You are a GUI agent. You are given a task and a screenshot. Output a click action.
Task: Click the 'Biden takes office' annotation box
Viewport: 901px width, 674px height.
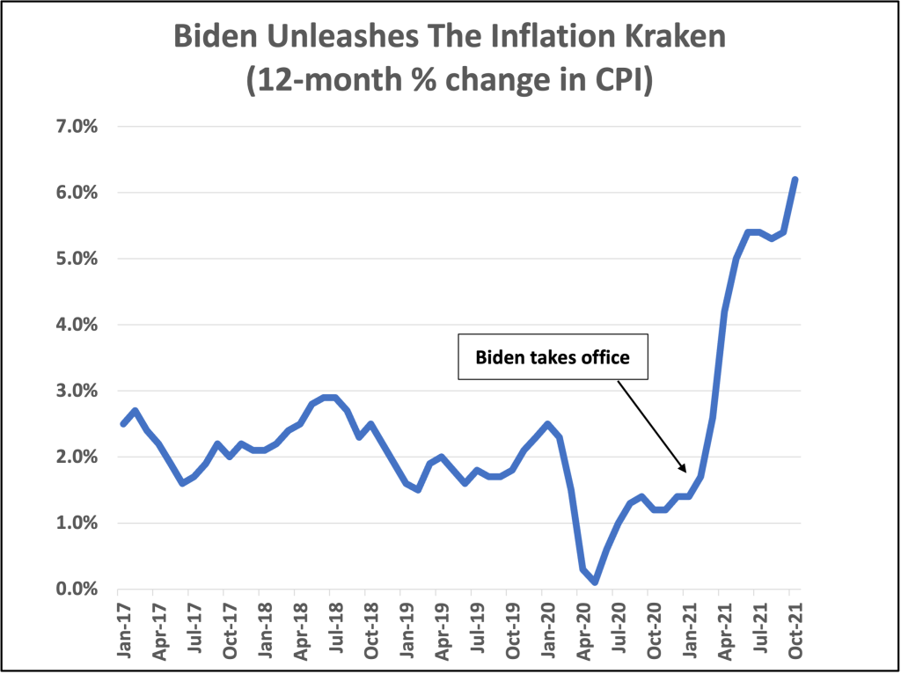[x=553, y=358]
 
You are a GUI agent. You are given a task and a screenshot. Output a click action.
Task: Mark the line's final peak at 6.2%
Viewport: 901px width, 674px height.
[x=795, y=179]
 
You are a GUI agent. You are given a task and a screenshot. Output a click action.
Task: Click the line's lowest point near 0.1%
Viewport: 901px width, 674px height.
[x=596, y=582]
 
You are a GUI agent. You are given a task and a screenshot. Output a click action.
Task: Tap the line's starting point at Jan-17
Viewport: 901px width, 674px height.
[x=123, y=424]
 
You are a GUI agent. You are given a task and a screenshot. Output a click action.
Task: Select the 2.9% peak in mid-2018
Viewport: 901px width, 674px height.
[x=331, y=398]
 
